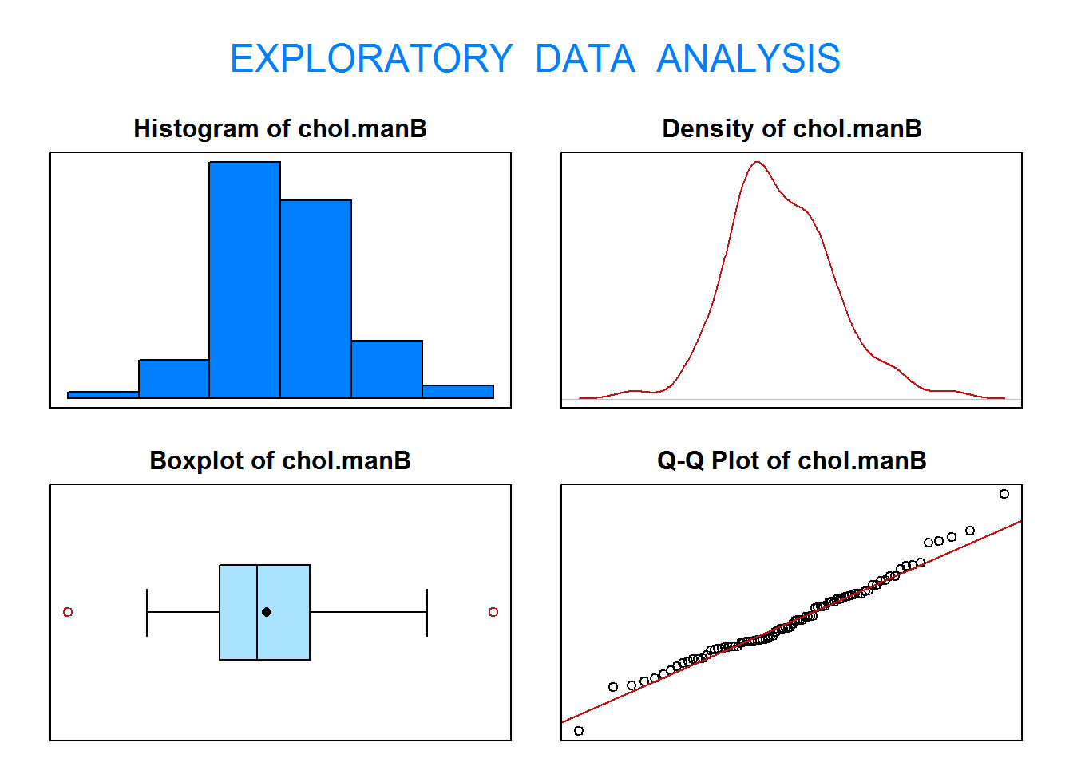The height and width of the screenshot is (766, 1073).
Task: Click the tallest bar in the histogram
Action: coord(245,279)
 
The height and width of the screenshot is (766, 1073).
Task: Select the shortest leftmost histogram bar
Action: coord(103,395)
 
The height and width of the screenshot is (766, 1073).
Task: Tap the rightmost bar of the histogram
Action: coord(458,392)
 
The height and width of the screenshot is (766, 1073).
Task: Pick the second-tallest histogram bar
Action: coord(315,298)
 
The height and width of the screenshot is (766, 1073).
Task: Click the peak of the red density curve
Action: coord(757,162)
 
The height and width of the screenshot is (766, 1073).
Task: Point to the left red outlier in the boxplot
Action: coord(68,612)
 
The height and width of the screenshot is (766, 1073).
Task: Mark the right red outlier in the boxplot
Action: coord(493,612)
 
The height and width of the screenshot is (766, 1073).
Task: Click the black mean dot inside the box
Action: coord(267,612)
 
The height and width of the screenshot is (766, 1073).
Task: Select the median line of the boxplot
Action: coord(257,612)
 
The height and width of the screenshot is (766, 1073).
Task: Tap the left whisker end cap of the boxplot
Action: coord(147,612)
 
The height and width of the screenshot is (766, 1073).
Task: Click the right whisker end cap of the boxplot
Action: coord(427,612)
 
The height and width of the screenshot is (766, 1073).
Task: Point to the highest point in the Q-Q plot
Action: coord(1004,494)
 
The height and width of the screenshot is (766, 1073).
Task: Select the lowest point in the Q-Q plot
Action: coord(579,731)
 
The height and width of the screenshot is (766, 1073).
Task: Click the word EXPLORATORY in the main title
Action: coord(372,58)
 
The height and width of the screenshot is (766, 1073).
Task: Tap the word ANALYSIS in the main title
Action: coord(748,58)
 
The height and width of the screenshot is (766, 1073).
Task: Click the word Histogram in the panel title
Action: coord(197,129)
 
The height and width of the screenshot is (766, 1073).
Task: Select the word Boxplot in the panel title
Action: coord(197,461)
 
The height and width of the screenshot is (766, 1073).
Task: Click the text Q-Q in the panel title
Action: coord(681,461)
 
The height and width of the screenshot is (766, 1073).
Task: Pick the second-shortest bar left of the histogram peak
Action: coord(174,379)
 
